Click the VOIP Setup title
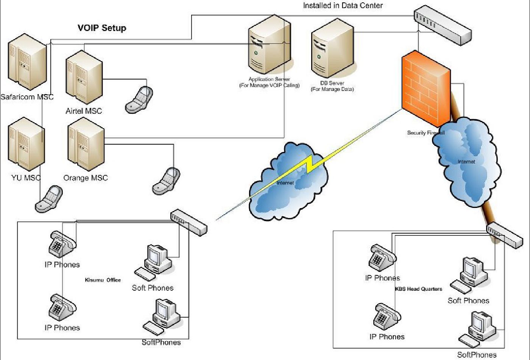tap(102, 28)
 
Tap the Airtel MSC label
tap(84, 111)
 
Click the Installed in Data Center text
tap(343, 6)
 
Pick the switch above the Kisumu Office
tap(189, 221)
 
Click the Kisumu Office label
tap(103, 280)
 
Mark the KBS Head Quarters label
tap(418, 289)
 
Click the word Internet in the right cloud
tap(466, 162)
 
